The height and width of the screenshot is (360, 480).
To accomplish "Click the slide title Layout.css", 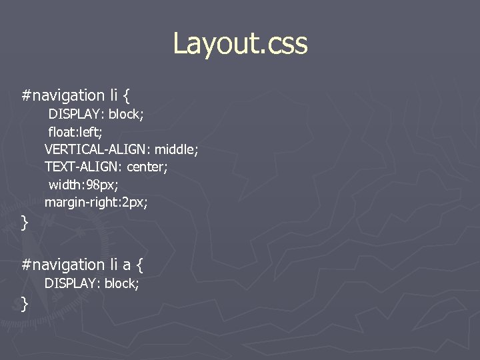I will tap(240, 43).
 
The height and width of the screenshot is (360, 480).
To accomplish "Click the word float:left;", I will tap(75, 131).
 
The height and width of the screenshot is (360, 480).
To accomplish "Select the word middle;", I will tap(177, 149).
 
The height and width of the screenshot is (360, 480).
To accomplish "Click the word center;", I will tap(148, 167).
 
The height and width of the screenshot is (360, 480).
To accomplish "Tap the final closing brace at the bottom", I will tap(25, 304).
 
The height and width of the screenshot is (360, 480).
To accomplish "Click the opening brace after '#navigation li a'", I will tap(139, 265).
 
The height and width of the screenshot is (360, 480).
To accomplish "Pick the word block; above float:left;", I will tap(126, 114).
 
